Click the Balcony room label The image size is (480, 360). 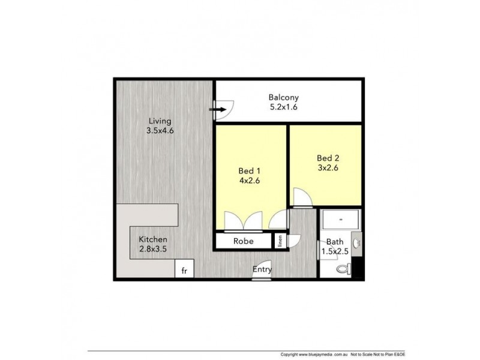coord(283,97)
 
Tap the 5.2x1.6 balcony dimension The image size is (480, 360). coord(283,107)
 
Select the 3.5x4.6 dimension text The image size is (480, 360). coord(160,131)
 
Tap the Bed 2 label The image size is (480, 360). coord(328,158)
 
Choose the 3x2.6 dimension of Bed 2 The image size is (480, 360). coord(328,168)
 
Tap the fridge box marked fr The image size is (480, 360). coord(185,270)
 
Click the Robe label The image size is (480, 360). coord(244,241)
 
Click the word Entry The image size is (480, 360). coord(262,269)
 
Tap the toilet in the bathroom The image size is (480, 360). coord(344,269)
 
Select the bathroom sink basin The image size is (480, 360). coord(357,242)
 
